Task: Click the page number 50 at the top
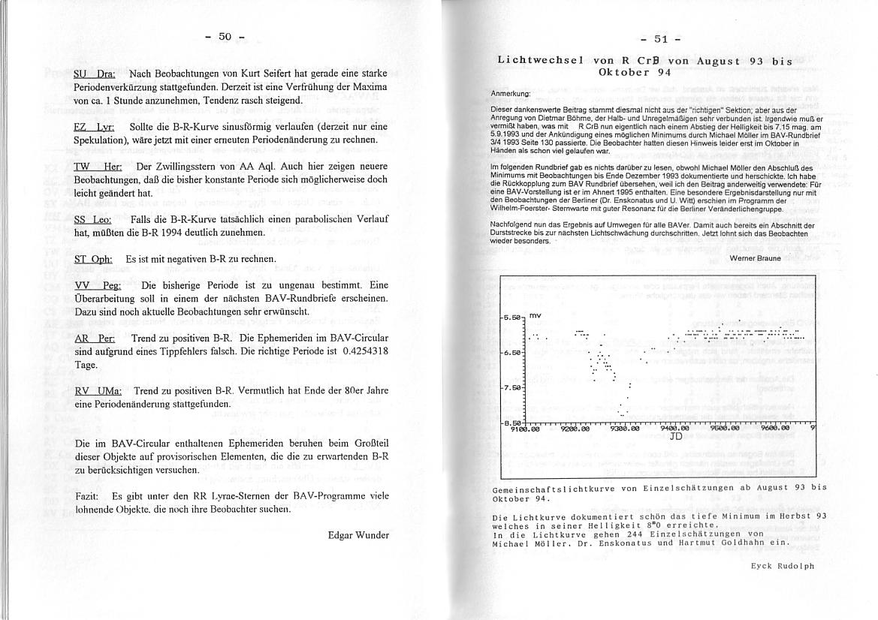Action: [225, 37]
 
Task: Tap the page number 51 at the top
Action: [661, 39]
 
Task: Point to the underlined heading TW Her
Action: [98, 166]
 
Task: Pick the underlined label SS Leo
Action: [93, 219]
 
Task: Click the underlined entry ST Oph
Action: [94, 259]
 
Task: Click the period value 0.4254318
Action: [360, 351]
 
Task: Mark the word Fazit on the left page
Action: [89, 496]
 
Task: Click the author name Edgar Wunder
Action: [358, 535]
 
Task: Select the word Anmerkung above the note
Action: [510, 94]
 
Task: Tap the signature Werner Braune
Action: [755, 258]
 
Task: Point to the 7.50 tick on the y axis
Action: [513, 388]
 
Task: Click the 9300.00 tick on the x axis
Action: [623, 429]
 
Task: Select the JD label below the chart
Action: [674, 436]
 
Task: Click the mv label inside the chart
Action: [536, 316]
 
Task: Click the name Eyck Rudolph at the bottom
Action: [783, 566]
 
